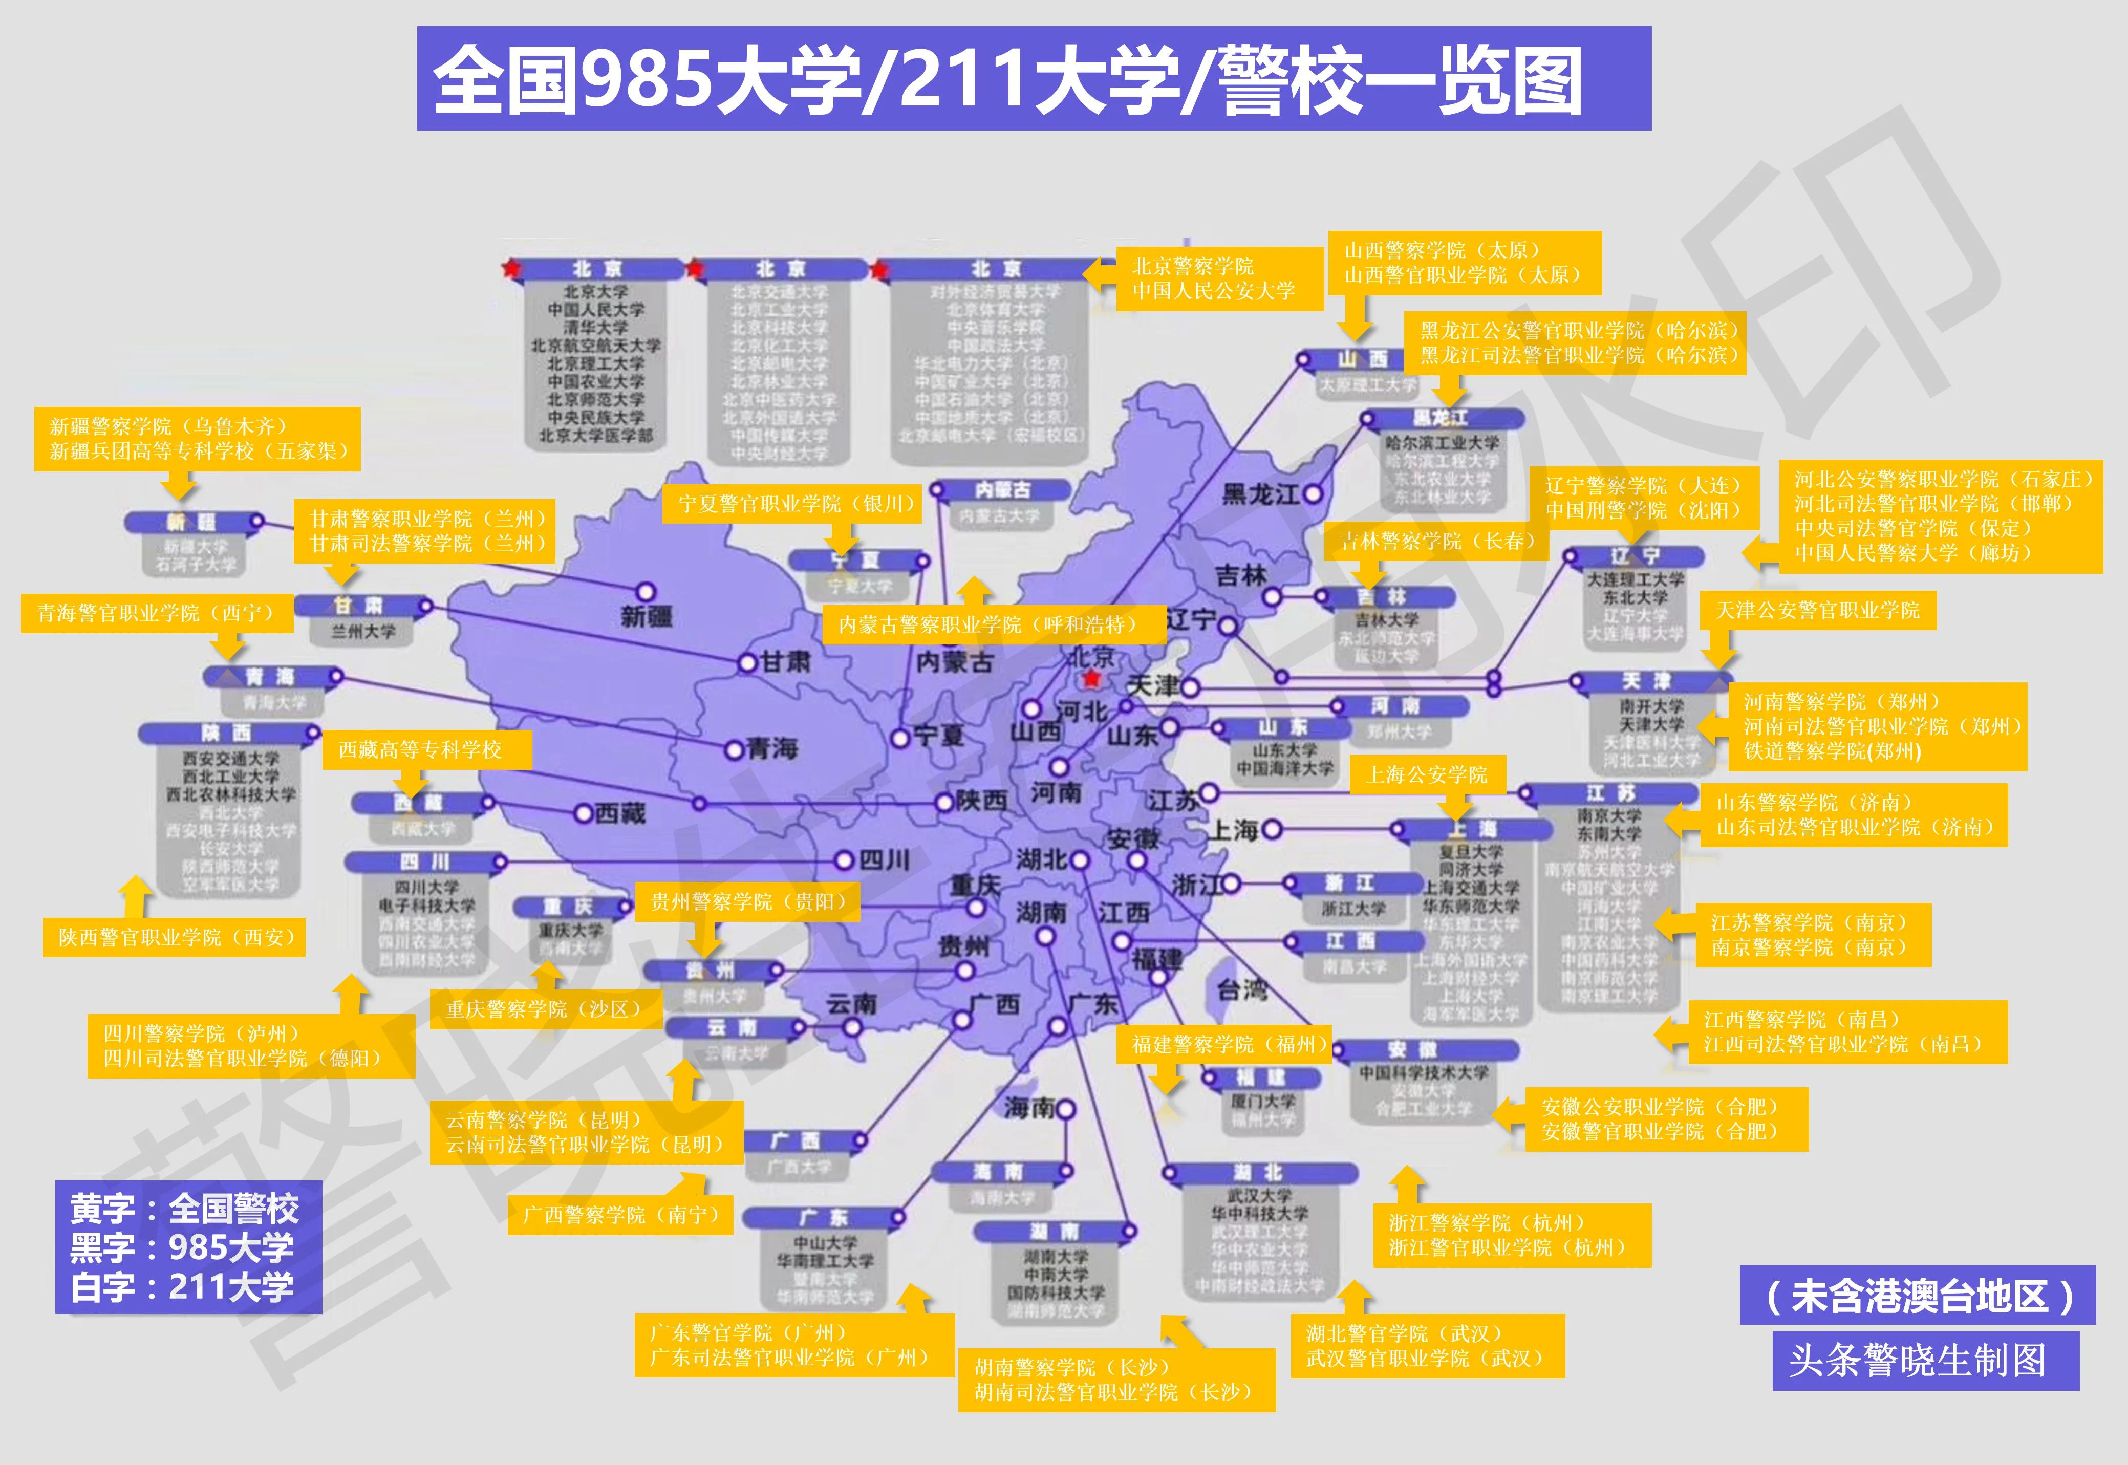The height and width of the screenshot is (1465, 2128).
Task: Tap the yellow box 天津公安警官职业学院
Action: pyautogui.click(x=1818, y=610)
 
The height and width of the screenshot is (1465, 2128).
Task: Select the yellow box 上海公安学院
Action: pyautogui.click(x=1428, y=774)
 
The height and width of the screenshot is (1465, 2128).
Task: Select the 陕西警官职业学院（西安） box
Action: pyautogui.click(x=175, y=937)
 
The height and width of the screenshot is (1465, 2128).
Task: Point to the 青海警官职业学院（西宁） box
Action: pyautogui.click(x=156, y=613)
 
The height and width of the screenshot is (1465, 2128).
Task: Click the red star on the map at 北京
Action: pyautogui.click(x=1091, y=679)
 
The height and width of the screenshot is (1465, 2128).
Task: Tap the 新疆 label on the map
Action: pyautogui.click(x=647, y=617)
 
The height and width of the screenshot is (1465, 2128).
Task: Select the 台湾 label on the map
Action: pyautogui.click(x=1241, y=989)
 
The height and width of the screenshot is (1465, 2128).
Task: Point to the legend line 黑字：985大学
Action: pyautogui.click(x=182, y=1247)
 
